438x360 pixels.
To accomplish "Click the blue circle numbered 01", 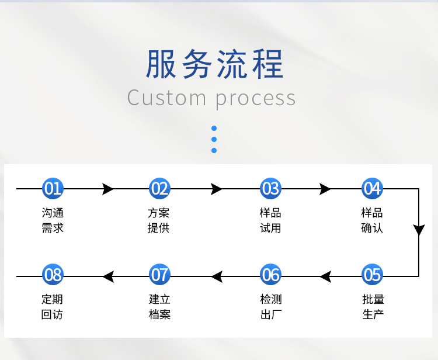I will [53, 188].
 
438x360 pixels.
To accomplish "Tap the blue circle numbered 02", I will [159, 188].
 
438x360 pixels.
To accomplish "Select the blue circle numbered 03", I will [270, 188].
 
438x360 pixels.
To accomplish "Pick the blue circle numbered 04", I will [372, 188].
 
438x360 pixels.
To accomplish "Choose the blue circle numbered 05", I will [372, 274].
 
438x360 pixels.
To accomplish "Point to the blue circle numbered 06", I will [270, 274].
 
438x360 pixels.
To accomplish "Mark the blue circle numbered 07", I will [159, 274].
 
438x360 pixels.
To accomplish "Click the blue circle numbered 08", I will [53, 274].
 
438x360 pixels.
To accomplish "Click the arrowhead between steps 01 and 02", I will [107, 189].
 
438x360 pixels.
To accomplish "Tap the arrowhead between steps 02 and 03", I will [217, 189].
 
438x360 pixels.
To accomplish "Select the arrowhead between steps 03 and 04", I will [325, 189].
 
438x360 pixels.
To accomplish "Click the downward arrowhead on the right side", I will [419, 230].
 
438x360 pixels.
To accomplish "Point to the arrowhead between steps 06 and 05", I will [326, 276].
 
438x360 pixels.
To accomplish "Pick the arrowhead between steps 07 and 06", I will [217, 276].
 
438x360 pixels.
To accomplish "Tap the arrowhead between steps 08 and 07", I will [108, 276].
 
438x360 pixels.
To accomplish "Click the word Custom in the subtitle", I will [167, 98].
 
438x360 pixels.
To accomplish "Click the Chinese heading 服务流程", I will [215, 64].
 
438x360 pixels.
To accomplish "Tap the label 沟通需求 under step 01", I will [53, 220].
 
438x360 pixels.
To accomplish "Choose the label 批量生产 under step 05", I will [373, 307].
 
